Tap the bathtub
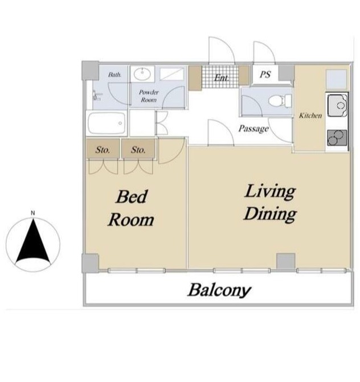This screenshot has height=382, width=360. [x=107, y=123]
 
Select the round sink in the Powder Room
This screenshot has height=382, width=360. [x=142, y=73]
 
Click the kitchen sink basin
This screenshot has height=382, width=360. [x=337, y=105]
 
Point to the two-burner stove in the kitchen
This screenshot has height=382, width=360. [x=337, y=138]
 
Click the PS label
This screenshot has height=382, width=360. [x=265, y=74]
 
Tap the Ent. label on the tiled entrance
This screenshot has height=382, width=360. [x=222, y=78]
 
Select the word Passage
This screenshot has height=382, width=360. [x=253, y=129]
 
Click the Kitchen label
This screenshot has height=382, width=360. [x=310, y=115]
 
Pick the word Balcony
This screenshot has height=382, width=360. [x=219, y=290]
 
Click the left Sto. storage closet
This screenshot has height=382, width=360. [x=103, y=149]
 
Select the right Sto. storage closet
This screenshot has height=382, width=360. [x=138, y=149]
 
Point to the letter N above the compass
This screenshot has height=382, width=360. [x=33, y=213]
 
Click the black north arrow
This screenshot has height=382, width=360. [x=33, y=242]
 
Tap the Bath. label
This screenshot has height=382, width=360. [x=114, y=75]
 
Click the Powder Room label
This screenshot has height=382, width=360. [x=149, y=96]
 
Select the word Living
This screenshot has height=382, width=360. [x=270, y=192]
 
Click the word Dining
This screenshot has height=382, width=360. [x=270, y=215]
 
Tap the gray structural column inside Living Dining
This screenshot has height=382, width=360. [x=285, y=261]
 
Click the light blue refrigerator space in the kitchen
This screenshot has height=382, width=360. [x=336, y=79]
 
